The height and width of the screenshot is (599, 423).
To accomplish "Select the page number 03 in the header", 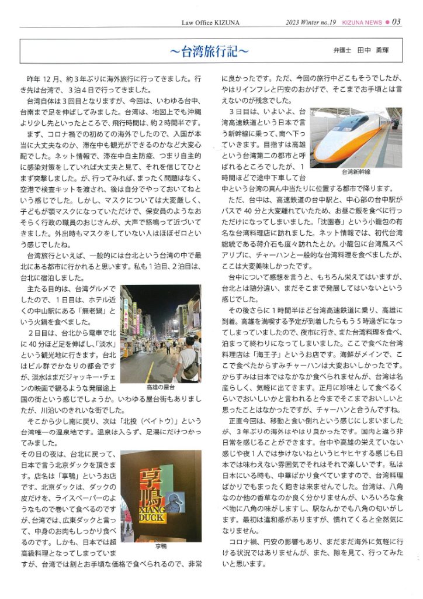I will [x=396, y=22].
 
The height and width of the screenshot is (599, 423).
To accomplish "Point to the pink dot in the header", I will [x=387, y=22].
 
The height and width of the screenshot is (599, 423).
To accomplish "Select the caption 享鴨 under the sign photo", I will [x=161, y=546].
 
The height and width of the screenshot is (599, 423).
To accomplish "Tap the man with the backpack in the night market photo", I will [x=188, y=358].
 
